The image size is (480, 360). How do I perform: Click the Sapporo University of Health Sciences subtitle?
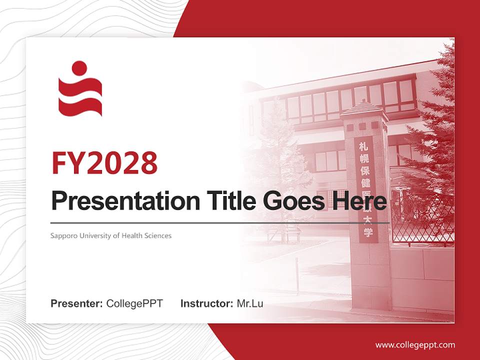tap(111, 235)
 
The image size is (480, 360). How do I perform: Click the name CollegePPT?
tap(134, 303)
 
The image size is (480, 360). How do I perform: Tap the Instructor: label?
tap(206, 303)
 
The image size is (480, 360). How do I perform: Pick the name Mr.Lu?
tap(249, 303)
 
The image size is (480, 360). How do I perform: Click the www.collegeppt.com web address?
tap(415, 344)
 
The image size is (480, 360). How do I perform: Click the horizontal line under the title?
tap(220, 222)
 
